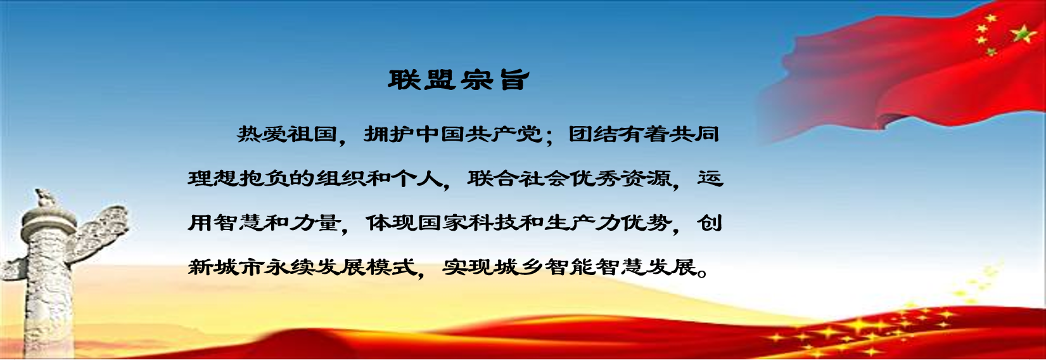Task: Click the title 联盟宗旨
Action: (459, 80)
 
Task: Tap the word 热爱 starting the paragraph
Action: (262, 134)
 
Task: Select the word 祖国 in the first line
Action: (312, 134)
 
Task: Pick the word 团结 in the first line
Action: (593, 134)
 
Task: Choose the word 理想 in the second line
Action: (212, 178)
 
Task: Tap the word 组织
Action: (340, 178)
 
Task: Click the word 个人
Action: (416, 178)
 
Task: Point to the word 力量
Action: (314, 222)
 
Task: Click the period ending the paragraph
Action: (701, 272)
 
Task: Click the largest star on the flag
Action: (1023, 35)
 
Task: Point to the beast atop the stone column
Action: (45, 198)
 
